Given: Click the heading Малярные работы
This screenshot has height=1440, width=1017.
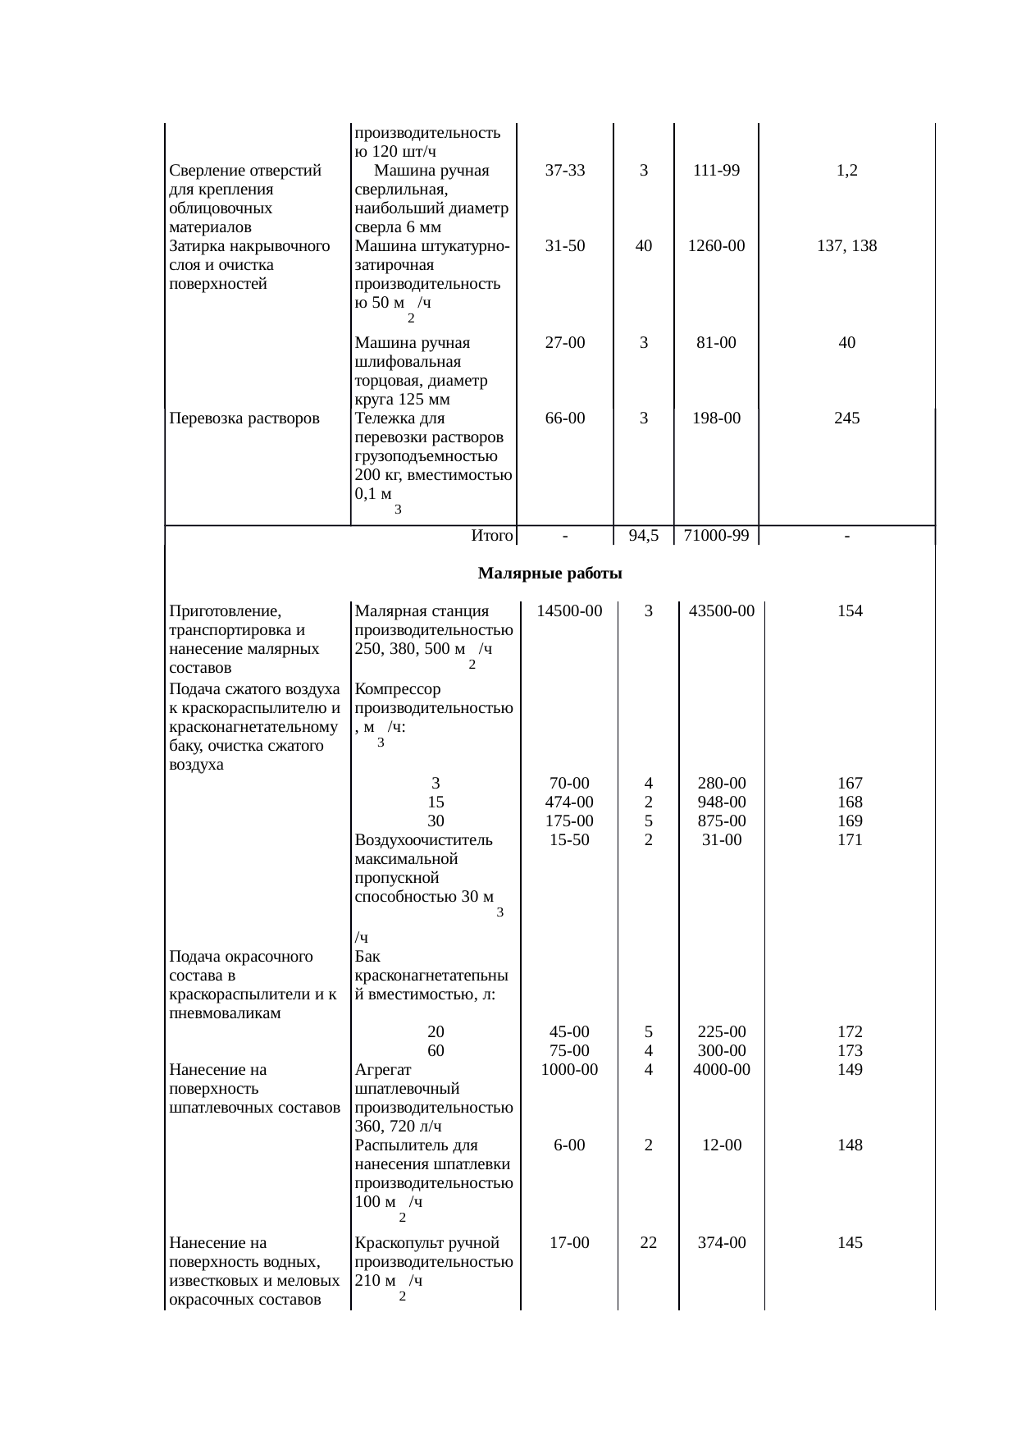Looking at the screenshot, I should (x=550, y=574).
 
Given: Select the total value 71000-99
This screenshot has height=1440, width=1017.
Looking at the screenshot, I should (x=716, y=536).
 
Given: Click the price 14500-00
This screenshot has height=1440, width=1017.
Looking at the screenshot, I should (x=569, y=611).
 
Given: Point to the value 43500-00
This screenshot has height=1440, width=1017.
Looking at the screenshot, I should (x=721, y=611).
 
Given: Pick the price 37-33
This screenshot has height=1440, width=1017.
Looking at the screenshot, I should (x=565, y=171).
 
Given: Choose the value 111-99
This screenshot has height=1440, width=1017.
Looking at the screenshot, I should (x=716, y=171).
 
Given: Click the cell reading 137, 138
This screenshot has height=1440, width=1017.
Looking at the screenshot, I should (x=846, y=245).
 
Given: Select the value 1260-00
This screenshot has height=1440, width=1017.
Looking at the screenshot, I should (x=716, y=245).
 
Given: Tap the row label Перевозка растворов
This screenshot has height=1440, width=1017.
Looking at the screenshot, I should (x=244, y=418).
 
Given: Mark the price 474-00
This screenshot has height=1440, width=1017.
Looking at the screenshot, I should (x=569, y=802).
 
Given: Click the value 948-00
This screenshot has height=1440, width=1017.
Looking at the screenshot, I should (x=721, y=802).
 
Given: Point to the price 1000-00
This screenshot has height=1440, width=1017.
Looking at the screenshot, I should (x=569, y=1069).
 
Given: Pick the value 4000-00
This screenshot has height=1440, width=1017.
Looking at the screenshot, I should (x=721, y=1069).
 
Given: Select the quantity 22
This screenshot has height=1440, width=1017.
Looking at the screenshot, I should (x=648, y=1242).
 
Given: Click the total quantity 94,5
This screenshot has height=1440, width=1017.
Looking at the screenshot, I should (x=644, y=536).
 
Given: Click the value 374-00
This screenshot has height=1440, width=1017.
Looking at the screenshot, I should (x=721, y=1242).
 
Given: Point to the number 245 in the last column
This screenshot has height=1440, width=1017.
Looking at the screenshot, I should (x=846, y=418).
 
